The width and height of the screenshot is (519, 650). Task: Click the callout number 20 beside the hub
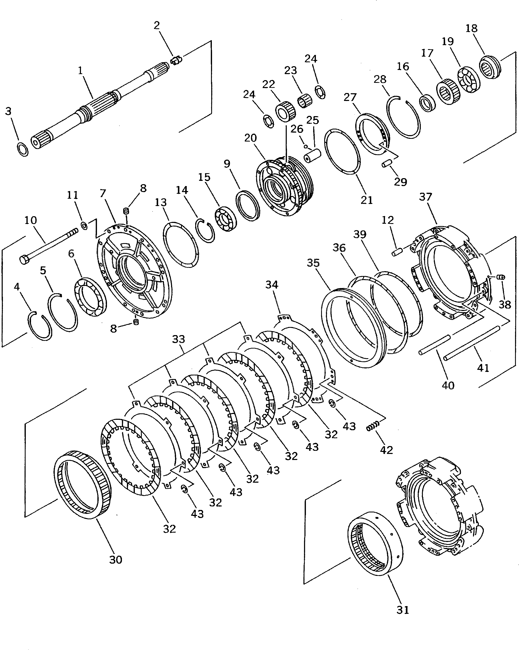tap(251, 138)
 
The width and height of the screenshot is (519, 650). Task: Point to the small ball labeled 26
tap(306, 147)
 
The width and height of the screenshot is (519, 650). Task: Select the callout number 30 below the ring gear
tap(116, 559)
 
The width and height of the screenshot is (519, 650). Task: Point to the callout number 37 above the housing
tap(426, 197)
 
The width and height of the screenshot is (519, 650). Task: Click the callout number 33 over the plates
tap(178, 339)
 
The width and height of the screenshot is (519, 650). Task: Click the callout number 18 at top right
tap(471, 28)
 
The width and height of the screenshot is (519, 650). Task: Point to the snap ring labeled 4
tap(40, 326)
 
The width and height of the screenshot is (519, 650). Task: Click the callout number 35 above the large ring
tap(313, 263)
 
